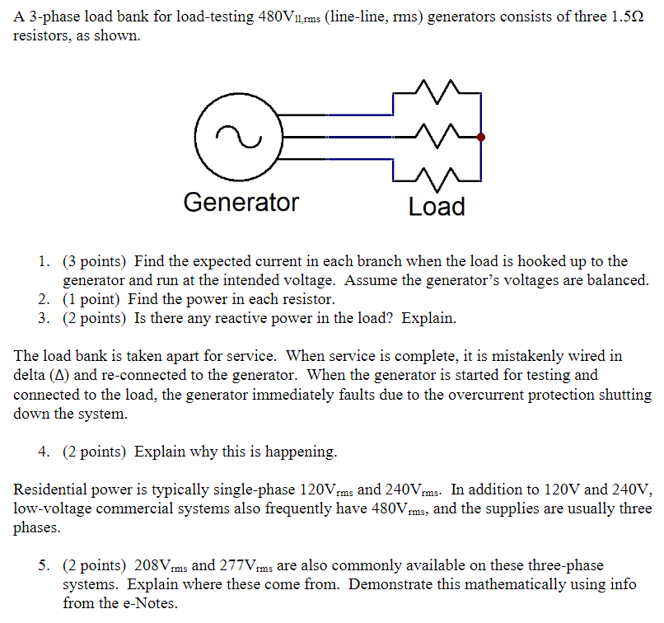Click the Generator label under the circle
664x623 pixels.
(x=241, y=202)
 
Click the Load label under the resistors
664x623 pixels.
(x=437, y=206)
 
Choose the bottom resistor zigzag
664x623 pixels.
(x=437, y=176)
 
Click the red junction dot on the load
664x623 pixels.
(x=481, y=138)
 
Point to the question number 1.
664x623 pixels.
(x=43, y=262)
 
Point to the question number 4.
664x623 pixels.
(x=43, y=452)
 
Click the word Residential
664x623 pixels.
(x=50, y=489)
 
